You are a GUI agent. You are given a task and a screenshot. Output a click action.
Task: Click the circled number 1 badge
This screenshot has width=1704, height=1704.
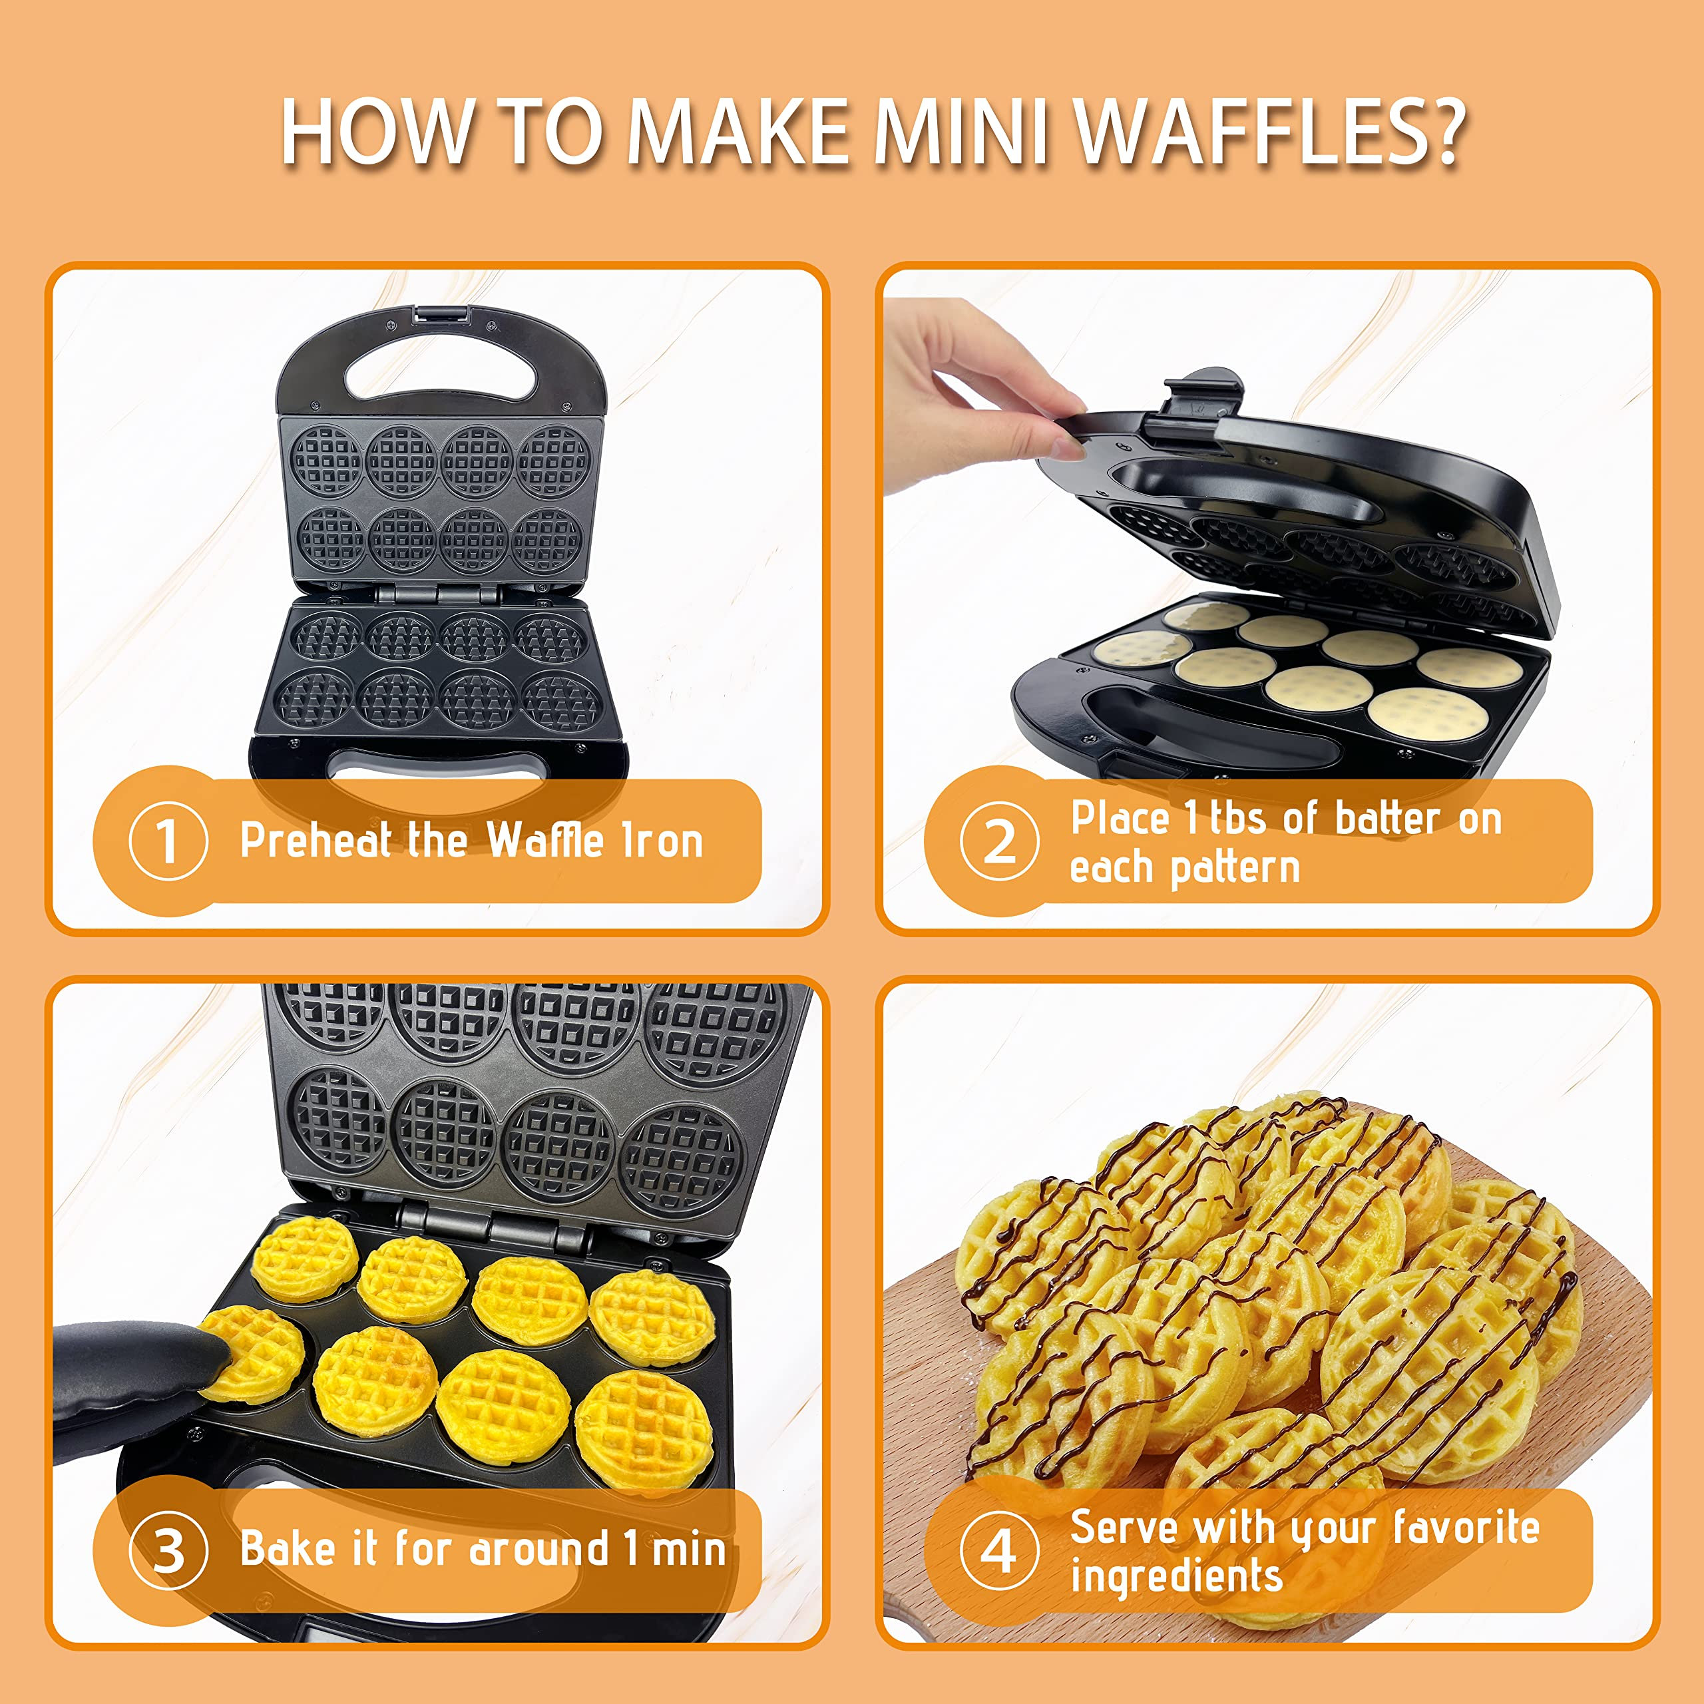click(x=168, y=841)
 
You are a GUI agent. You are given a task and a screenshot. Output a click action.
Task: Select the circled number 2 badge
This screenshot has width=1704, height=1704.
click(x=998, y=841)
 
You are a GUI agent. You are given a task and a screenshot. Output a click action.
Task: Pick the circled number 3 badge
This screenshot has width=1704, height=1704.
click(x=168, y=1550)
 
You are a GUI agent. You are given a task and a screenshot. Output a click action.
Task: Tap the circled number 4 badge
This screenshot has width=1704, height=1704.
click(x=998, y=1550)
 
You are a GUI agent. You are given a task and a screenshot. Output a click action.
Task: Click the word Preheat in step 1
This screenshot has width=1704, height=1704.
click(x=315, y=841)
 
